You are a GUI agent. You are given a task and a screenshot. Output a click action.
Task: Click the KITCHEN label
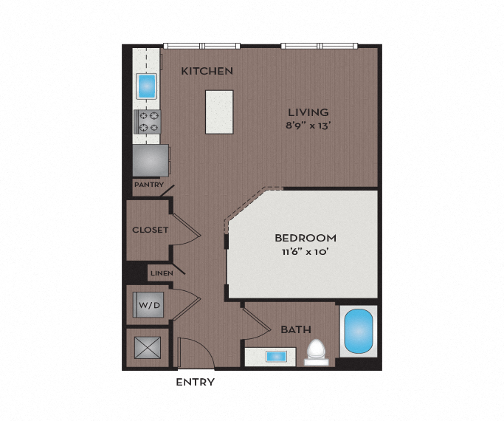[x=207, y=72]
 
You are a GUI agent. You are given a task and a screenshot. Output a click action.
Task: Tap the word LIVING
[x=308, y=112]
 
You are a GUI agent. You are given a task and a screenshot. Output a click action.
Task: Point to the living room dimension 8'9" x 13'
[x=308, y=126]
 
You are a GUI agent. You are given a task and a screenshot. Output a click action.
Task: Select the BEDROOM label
[x=305, y=239]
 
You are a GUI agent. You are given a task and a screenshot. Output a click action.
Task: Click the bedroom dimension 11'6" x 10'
[x=305, y=252]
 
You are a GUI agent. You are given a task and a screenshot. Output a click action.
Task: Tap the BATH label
[x=295, y=329]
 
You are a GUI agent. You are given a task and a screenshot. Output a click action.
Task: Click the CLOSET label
[x=150, y=230]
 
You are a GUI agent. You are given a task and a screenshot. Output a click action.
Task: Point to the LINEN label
[x=162, y=273]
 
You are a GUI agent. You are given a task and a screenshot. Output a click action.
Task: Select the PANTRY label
[x=148, y=184]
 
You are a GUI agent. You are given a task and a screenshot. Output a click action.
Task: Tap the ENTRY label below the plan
[x=196, y=382]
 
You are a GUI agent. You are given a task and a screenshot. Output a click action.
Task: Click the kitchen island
[x=220, y=112]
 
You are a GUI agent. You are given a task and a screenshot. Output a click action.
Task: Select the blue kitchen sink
[x=148, y=86]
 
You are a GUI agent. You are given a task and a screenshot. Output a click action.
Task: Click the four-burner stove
[x=148, y=122]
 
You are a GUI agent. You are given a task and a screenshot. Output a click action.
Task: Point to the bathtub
[x=359, y=332]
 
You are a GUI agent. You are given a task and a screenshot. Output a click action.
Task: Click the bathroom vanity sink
[x=277, y=357]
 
